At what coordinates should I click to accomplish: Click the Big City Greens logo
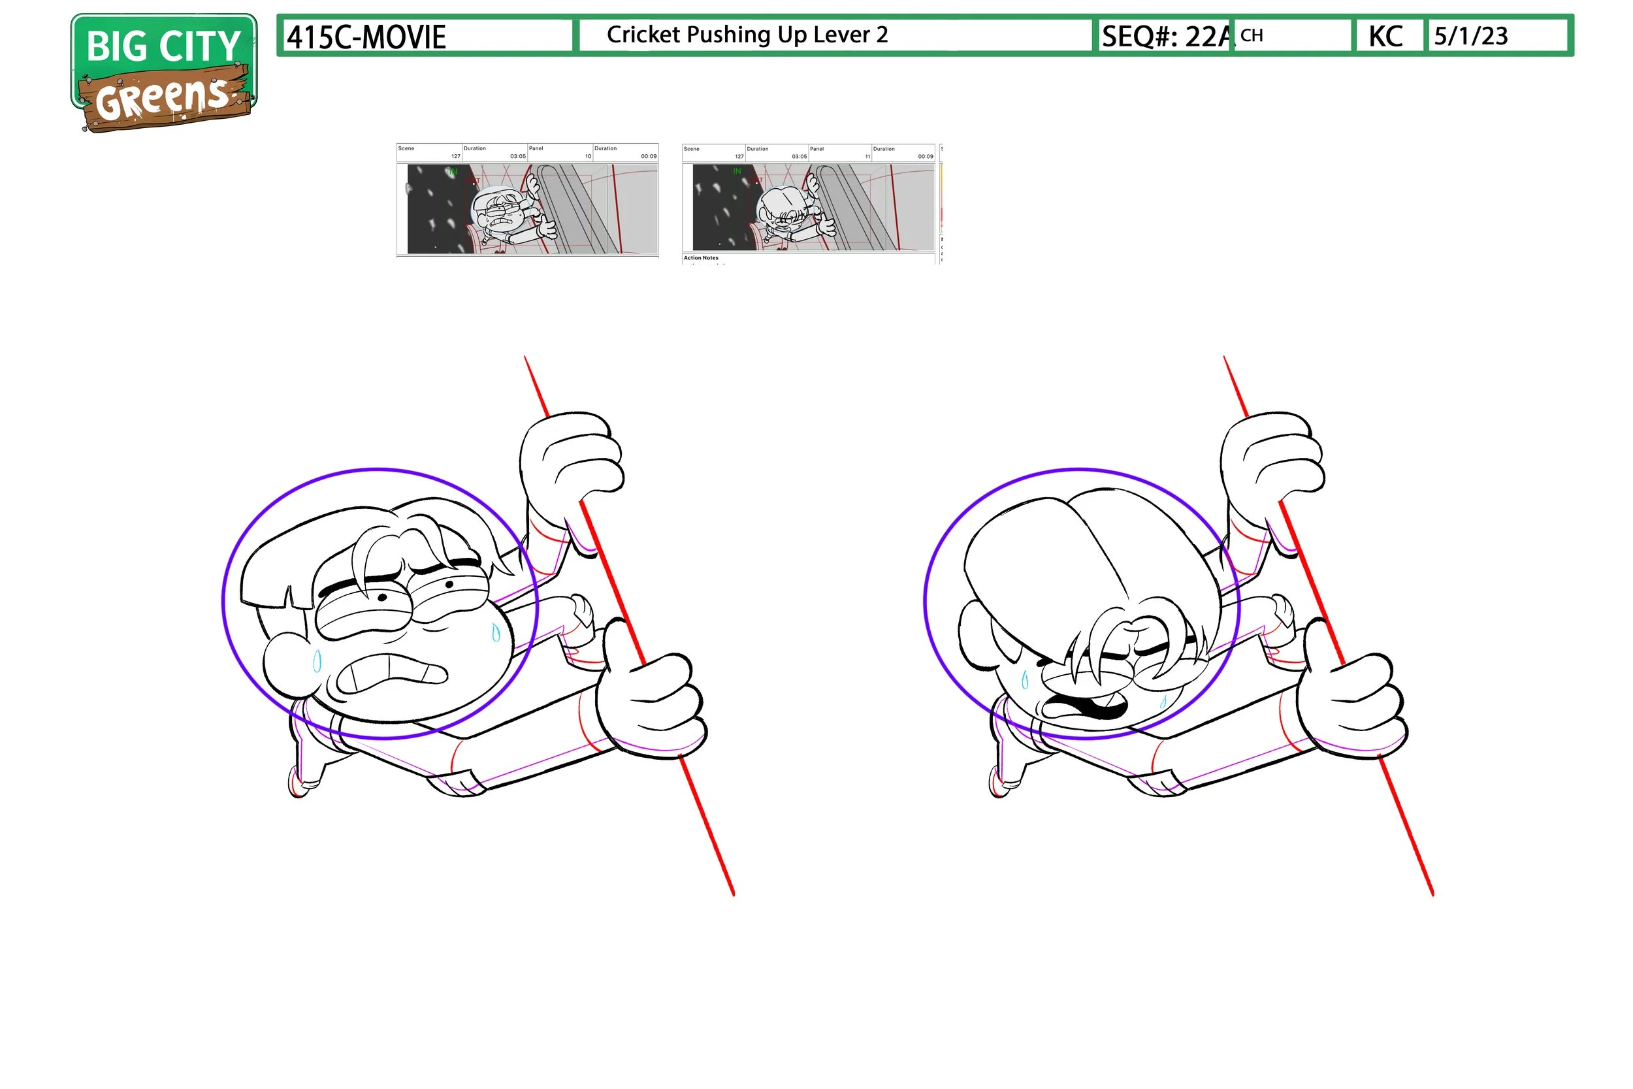coord(164,73)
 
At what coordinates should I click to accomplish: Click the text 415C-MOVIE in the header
coord(366,37)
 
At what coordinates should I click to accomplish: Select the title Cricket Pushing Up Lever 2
coord(747,35)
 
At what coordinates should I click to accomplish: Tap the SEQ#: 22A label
coord(1166,36)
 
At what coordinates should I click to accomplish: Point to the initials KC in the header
coord(1385,36)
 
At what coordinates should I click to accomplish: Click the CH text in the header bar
coord(1252,35)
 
